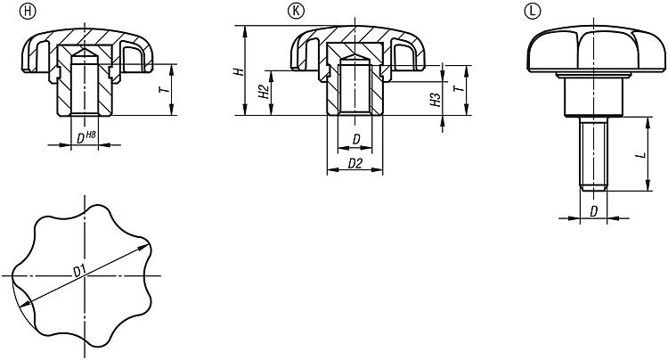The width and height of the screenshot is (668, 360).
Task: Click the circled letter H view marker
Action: tap(29, 12)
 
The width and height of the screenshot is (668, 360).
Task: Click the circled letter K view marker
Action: tap(297, 11)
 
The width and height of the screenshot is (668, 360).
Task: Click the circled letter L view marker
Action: tap(533, 11)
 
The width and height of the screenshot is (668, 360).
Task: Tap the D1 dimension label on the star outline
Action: tap(79, 271)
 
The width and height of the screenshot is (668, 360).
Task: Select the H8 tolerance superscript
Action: tap(91, 135)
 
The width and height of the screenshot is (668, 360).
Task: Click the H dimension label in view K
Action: tap(240, 71)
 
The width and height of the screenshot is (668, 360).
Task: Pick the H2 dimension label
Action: tap(265, 92)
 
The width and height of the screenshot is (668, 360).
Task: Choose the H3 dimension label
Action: tap(436, 100)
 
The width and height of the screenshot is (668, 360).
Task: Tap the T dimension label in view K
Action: tap(459, 88)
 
